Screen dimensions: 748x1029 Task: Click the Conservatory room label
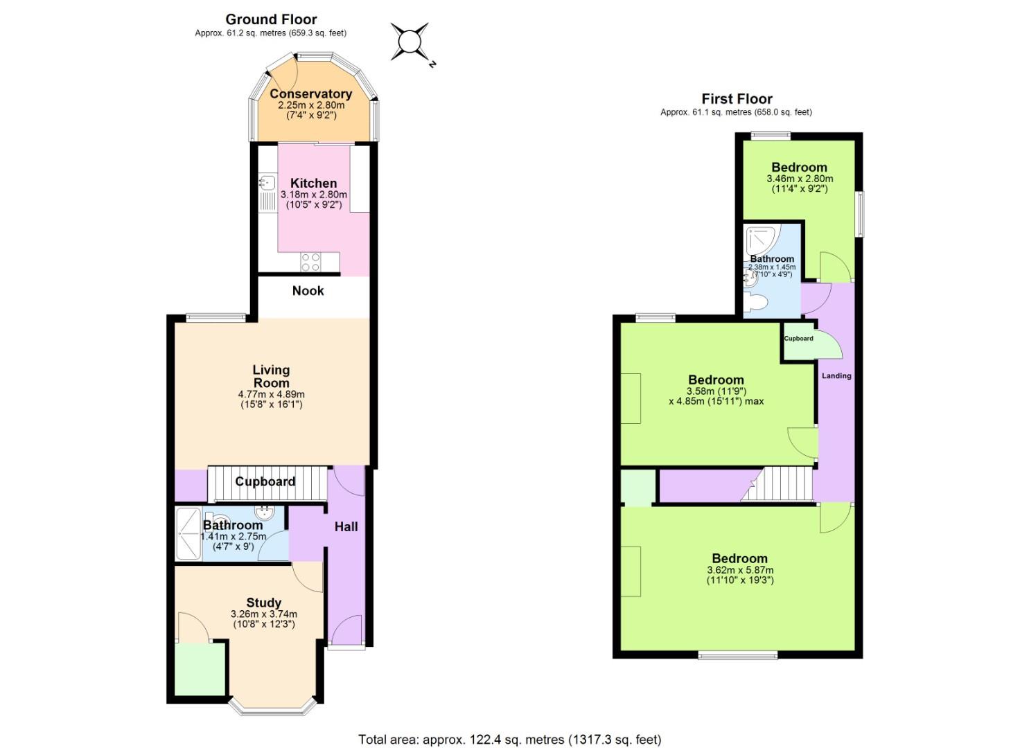point(310,93)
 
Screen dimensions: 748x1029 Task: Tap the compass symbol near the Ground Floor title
point(410,42)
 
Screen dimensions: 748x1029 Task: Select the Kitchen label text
point(313,183)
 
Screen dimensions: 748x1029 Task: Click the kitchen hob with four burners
point(310,262)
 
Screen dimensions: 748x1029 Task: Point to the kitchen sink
point(267,183)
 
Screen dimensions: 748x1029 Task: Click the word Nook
point(308,290)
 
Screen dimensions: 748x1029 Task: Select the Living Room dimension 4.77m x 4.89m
point(271,394)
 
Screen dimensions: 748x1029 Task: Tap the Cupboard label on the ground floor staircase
point(265,481)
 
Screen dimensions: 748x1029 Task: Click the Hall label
point(346,526)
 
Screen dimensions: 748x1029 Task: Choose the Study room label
point(264,603)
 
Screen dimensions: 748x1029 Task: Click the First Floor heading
point(737,98)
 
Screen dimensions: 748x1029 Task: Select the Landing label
point(836,375)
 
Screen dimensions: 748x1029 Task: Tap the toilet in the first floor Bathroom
point(756,302)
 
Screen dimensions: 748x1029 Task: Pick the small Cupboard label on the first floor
point(798,338)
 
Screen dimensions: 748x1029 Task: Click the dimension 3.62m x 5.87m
point(740,570)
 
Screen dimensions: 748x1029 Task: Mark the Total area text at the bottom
point(509,740)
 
